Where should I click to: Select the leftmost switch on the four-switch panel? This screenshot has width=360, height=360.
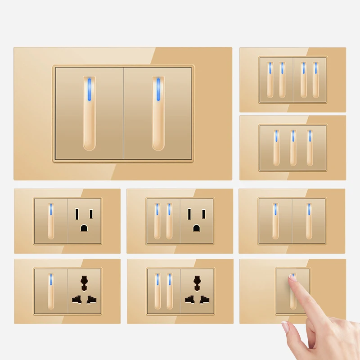click(x=270, y=80)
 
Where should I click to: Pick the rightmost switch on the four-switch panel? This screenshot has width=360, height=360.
click(x=315, y=80)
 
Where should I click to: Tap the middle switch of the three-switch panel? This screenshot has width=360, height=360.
click(x=292, y=148)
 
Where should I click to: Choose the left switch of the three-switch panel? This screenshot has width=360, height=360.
click(x=276, y=148)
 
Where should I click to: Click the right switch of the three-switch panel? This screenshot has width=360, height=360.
click(x=310, y=148)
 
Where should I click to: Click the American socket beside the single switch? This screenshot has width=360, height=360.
click(x=85, y=221)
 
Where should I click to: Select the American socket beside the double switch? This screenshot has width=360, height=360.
click(x=197, y=221)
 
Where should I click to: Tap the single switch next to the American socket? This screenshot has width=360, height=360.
click(x=51, y=221)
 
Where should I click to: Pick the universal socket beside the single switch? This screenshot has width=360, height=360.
click(x=85, y=292)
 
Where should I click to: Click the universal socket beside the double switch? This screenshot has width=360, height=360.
click(x=197, y=292)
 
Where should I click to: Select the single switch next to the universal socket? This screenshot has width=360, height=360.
click(x=51, y=292)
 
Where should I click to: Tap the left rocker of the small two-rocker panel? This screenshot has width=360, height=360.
click(x=275, y=221)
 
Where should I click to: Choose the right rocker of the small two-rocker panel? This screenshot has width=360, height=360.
click(x=309, y=221)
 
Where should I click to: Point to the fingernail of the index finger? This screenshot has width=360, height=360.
click(x=293, y=278)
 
